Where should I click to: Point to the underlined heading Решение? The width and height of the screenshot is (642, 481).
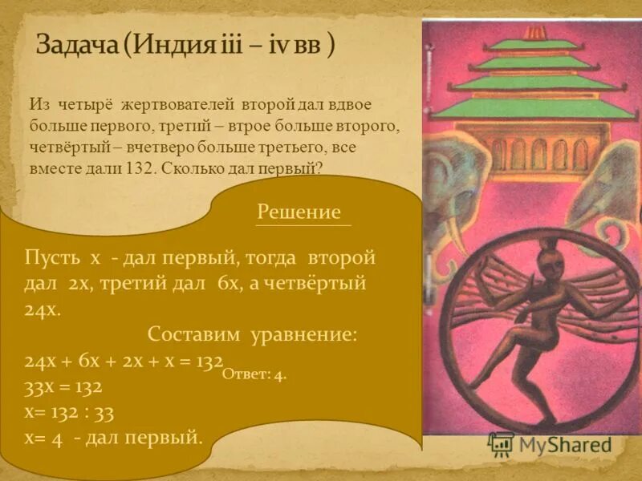click(299, 212)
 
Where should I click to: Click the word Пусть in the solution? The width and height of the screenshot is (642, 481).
click(53, 259)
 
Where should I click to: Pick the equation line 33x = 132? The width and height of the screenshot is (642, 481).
click(63, 386)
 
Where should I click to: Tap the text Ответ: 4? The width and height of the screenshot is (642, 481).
click(254, 374)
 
